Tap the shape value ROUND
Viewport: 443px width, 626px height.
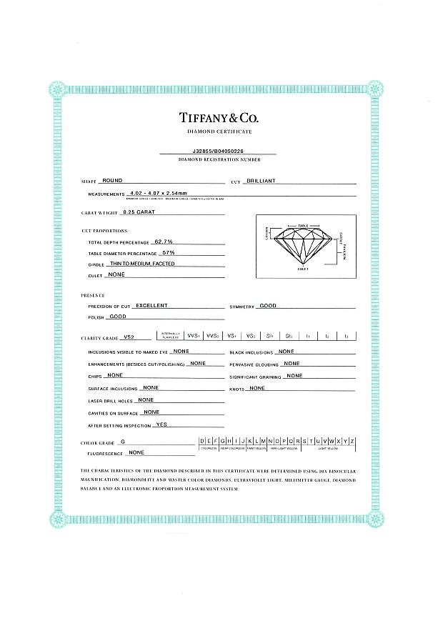[112, 182]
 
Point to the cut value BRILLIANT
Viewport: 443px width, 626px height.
[261, 182]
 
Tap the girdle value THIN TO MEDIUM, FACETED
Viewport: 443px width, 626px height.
[143, 264]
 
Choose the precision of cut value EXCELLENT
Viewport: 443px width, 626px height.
[151, 305]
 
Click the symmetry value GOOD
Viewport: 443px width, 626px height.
[268, 305]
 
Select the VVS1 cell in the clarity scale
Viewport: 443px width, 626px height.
[193, 335]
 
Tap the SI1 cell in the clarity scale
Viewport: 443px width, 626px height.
[270, 335]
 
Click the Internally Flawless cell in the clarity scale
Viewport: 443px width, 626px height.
[171, 335]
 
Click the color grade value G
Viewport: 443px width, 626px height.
[123, 442]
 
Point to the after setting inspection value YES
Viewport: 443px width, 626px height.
[161, 424]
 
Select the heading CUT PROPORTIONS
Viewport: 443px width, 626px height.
[104, 231]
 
